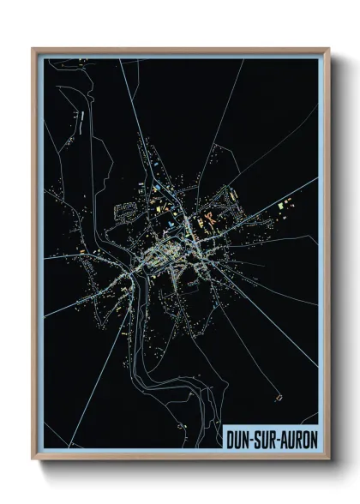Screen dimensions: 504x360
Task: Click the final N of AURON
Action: tap(315, 438)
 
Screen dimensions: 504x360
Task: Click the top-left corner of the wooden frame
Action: tap(33, 49)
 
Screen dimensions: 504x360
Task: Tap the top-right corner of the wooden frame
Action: tap(329, 49)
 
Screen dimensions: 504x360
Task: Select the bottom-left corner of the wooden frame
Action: tap(33, 460)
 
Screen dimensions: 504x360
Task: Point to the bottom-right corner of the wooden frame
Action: tap(329, 460)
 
